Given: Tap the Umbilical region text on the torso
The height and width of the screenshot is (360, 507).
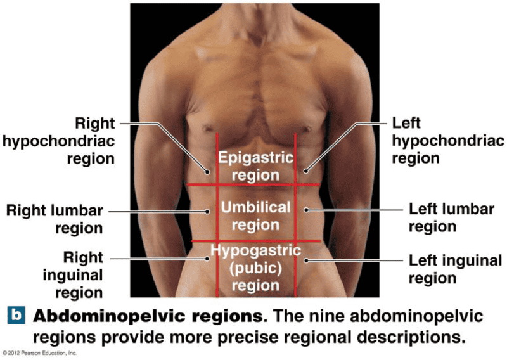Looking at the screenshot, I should tap(256, 215).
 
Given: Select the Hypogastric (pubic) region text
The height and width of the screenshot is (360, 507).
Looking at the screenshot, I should tap(256, 267).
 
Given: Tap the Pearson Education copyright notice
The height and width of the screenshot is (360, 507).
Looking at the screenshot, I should tap(39, 352).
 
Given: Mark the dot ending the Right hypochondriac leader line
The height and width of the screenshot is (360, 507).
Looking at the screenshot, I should tap(207, 170).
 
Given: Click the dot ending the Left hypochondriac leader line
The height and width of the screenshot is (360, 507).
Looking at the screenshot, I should tap(305, 170).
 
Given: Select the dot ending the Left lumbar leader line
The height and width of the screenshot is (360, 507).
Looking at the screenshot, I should tap(305, 209).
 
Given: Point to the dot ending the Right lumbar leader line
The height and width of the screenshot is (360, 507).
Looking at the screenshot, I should tap(207, 211).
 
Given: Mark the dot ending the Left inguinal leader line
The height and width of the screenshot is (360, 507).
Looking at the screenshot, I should tap(305, 260).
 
